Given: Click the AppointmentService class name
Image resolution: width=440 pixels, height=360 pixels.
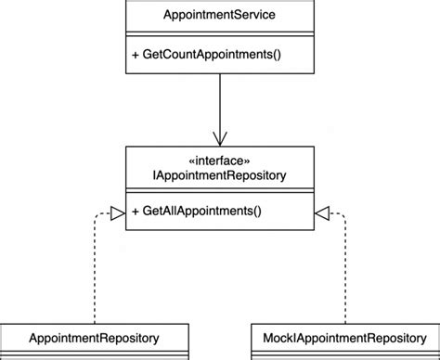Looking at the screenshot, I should (x=219, y=16).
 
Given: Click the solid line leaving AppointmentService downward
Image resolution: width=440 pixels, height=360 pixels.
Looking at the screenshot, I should (x=220, y=102).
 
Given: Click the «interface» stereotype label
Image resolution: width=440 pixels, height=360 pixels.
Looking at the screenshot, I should (x=220, y=160).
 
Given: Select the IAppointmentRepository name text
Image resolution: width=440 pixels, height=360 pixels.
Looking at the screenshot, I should (x=220, y=174).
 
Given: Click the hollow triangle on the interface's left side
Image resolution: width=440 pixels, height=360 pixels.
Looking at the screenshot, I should (x=117, y=213).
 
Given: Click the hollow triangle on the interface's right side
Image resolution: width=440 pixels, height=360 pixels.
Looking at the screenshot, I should (x=322, y=213).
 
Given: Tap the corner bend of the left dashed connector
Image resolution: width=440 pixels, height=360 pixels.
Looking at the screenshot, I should (x=95, y=213).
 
